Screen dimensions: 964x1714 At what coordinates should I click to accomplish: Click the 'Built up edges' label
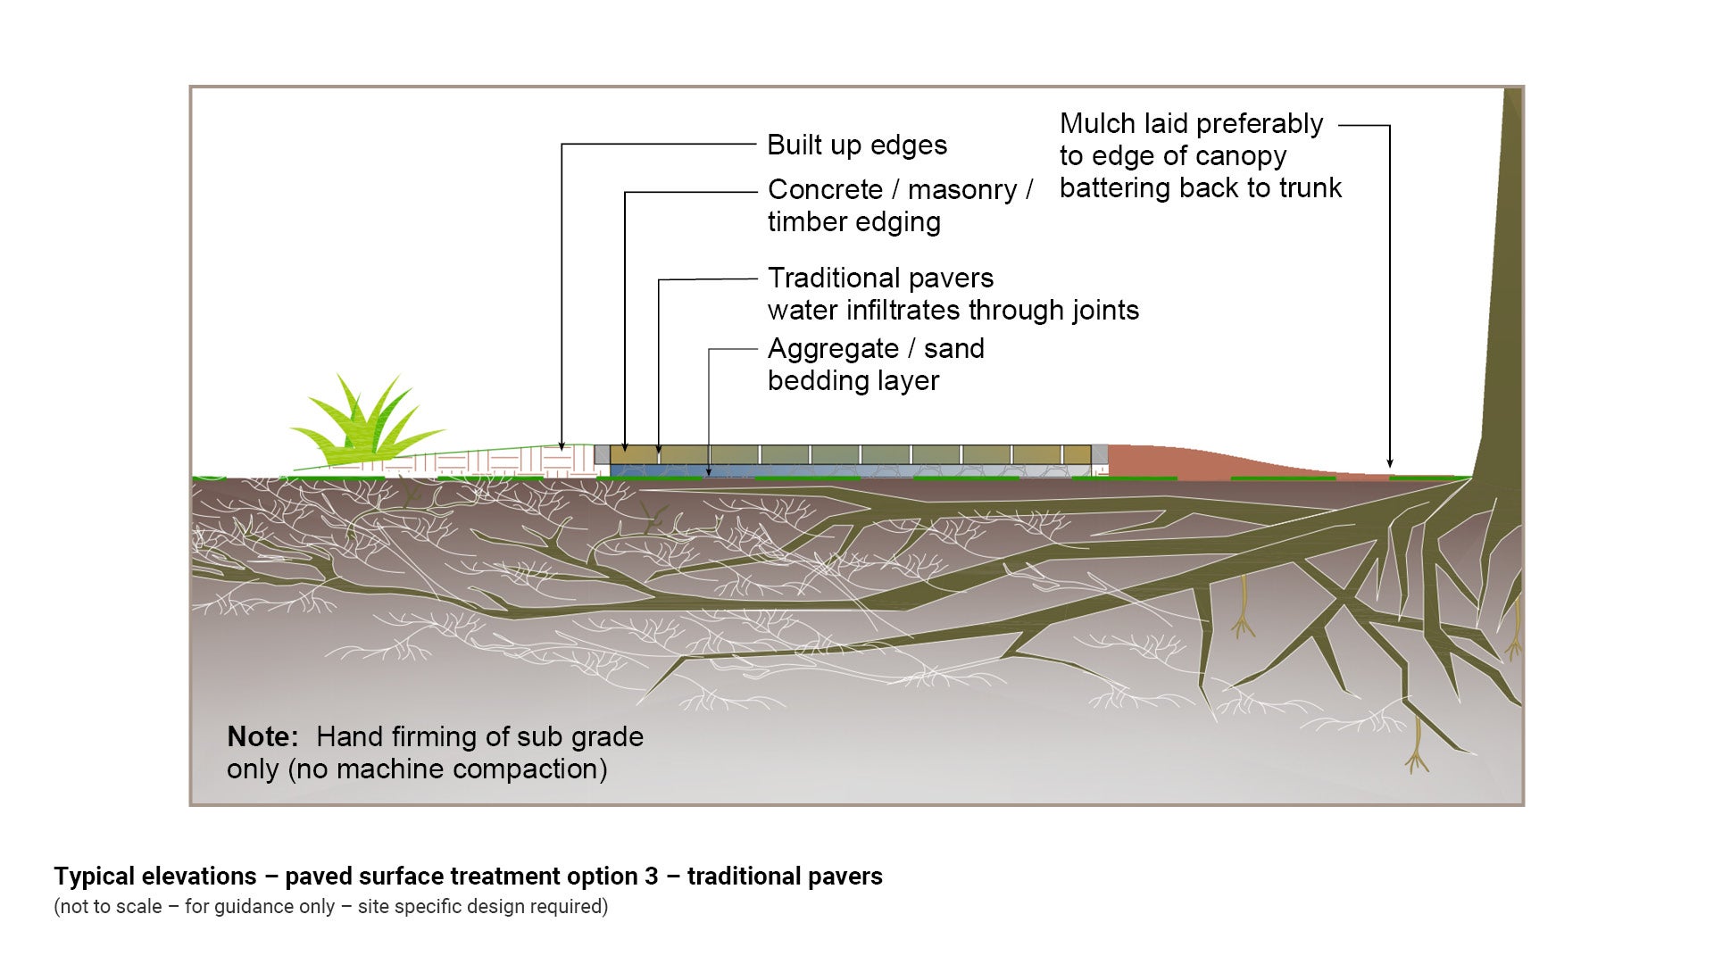click(x=856, y=145)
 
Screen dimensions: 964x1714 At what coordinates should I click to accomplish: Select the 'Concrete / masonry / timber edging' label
click(x=899, y=205)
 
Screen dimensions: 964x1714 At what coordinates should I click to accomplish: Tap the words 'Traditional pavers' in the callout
click(x=880, y=278)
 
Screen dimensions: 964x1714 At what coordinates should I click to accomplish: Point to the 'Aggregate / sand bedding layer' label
click(x=875, y=364)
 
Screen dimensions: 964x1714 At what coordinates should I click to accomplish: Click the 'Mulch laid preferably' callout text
click(x=1191, y=124)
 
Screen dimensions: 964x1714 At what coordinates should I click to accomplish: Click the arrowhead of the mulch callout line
click(x=1390, y=463)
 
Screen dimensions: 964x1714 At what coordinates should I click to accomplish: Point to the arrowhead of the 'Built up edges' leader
click(x=562, y=445)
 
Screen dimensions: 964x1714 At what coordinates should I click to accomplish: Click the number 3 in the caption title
click(x=652, y=877)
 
